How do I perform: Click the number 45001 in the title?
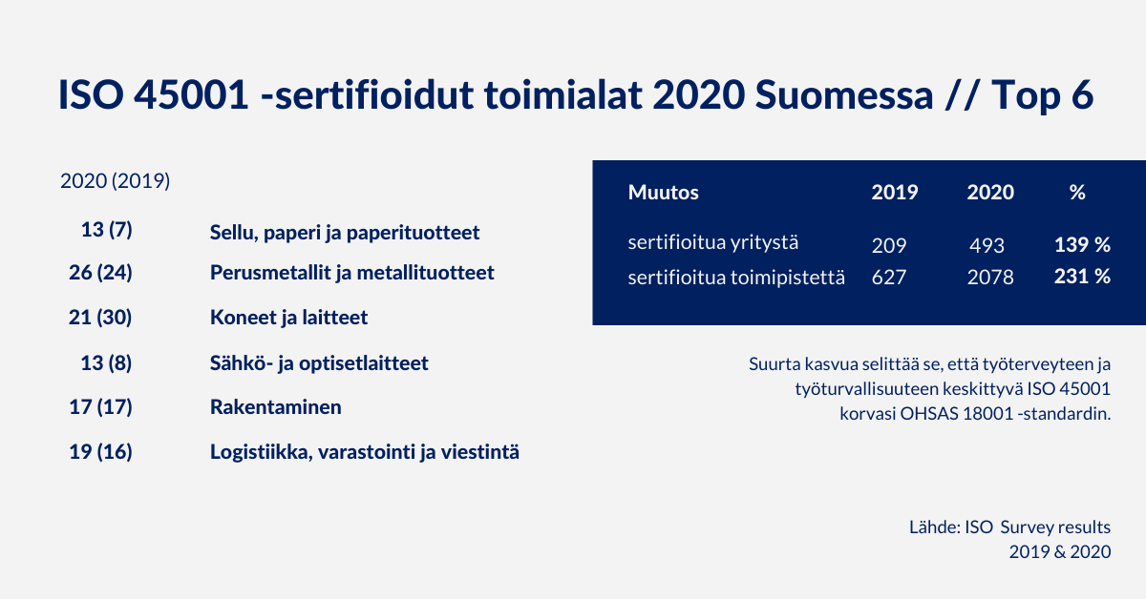click(x=191, y=95)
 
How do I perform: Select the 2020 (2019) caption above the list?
click(x=116, y=181)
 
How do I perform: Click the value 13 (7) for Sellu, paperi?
click(x=106, y=230)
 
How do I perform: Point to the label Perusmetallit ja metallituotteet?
click(x=352, y=273)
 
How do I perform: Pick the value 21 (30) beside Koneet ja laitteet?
click(x=100, y=318)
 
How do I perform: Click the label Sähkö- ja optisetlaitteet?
click(x=319, y=363)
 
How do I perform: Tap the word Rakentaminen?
click(x=276, y=407)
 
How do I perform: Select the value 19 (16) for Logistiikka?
click(x=101, y=452)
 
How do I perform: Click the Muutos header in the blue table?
click(x=663, y=192)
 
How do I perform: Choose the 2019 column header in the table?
click(x=895, y=192)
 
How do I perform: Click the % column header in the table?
click(x=1077, y=192)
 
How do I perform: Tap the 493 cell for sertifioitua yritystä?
click(x=987, y=246)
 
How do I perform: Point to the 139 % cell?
click(x=1083, y=245)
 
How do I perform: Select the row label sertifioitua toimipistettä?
click(x=736, y=278)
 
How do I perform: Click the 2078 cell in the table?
click(x=990, y=278)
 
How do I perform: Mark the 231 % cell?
click(x=1083, y=277)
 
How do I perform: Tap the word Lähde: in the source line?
click(x=935, y=527)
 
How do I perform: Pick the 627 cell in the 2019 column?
click(x=889, y=278)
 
